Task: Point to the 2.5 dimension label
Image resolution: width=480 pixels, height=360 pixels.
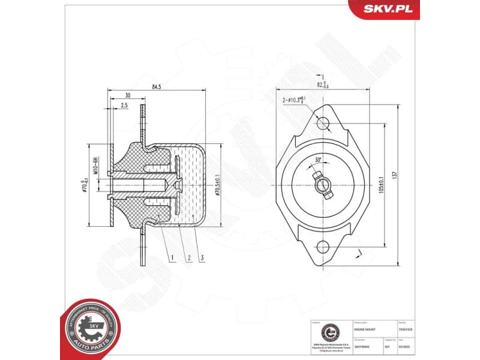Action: click(x=124, y=106)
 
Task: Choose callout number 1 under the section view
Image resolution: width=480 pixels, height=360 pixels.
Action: click(x=171, y=259)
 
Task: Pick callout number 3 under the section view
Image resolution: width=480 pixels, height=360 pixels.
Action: click(x=203, y=259)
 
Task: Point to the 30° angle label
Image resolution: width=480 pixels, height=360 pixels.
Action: click(x=318, y=160)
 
